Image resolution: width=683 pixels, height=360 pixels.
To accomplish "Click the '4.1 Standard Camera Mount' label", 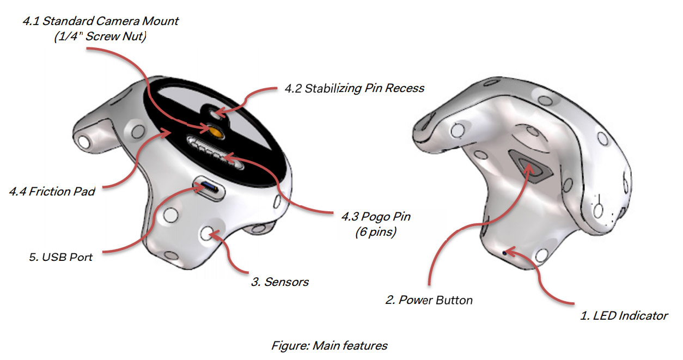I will [100, 22].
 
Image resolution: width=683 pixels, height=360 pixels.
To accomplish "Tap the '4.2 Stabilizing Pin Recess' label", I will [354, 88].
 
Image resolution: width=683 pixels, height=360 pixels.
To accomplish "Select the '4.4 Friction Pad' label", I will [52, 191].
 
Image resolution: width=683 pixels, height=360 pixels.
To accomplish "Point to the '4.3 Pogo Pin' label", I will [376, 217].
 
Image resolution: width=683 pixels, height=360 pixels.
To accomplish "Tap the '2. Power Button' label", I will [429, 300].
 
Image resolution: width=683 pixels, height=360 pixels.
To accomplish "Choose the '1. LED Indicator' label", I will [624, 315].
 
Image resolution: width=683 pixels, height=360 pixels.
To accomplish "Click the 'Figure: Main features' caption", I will [330, 345].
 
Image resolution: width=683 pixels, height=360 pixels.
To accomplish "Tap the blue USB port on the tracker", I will [209, 187].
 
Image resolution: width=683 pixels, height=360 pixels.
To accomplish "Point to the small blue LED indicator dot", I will [504, 252].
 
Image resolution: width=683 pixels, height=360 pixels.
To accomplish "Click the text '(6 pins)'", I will [376, 230].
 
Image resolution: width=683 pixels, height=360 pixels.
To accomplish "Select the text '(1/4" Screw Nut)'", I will [100, 38].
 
